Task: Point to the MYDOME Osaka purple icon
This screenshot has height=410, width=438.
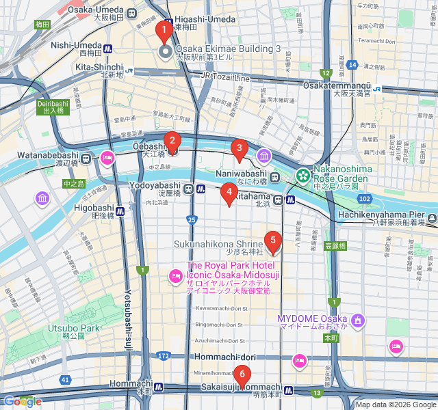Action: coord(357,320)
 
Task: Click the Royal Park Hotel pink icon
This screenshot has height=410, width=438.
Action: coord(175,275)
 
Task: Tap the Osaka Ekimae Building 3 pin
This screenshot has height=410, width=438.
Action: coord(164,53)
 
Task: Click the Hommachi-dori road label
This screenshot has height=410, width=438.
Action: coord(224,357)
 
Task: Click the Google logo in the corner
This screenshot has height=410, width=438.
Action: coord(23,402)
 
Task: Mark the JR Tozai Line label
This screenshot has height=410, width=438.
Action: coord(224,78)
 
